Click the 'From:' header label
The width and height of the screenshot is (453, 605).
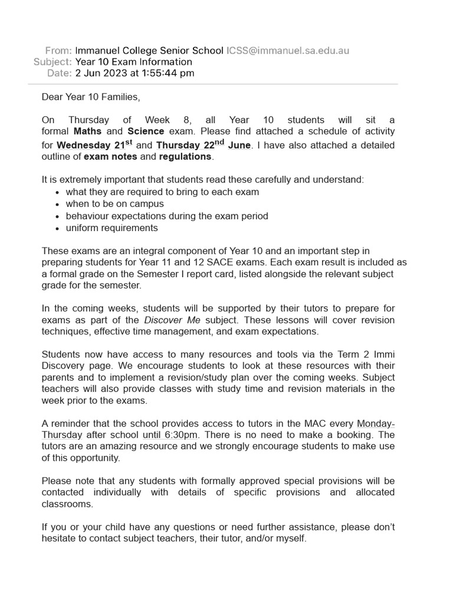[58, 50]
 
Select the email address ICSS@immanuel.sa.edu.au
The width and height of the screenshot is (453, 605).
[288, 50]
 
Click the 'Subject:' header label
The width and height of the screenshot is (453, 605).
[52, 61]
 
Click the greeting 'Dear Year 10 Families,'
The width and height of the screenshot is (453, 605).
[91, 96]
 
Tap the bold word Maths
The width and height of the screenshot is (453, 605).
[88, 131]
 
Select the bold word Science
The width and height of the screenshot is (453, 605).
[146, 131]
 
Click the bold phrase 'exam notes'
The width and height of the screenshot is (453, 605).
[110, 157]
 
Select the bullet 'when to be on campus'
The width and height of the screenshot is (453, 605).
[115, 204]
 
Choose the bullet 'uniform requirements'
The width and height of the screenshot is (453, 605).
[112, 227]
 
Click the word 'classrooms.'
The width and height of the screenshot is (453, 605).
[67, 504]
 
